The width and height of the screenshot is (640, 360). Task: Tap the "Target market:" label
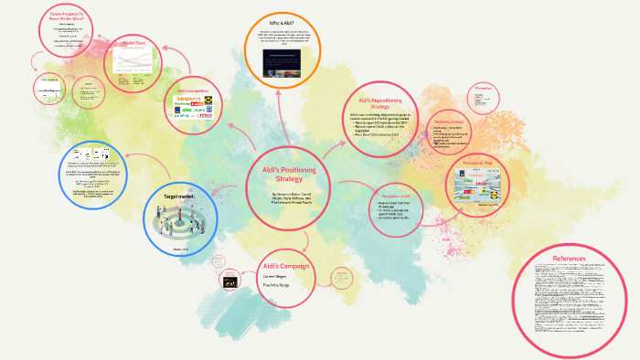point(179,196)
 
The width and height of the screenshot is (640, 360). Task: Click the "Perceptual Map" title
point(485,162)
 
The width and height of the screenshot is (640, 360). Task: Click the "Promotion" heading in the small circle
point(484,89)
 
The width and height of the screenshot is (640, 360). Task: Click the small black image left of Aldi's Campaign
point(220,283)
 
